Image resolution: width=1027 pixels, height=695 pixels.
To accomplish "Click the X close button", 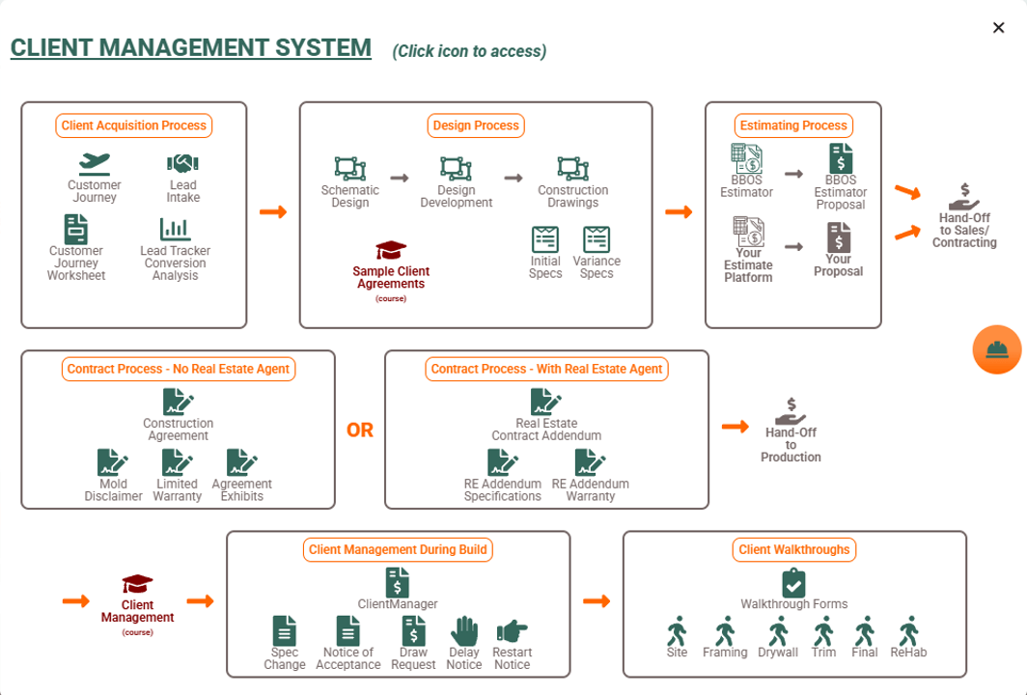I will pyautogui.click(x=998, y=27).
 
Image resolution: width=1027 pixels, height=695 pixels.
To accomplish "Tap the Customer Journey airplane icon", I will pyautogui.click(x=95, y=163).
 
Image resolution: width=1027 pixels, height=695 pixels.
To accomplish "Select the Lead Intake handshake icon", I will pyautogui.click(x=182, y=163).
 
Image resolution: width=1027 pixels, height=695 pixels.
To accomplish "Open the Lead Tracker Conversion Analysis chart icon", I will pyautogui.click(x=175, y=229).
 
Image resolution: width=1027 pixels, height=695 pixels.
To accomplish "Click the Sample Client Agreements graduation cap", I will pyautogui.click(x=391, y=251).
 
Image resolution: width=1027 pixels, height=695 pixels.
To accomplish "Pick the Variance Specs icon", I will pyautogui.click(x=597, y=239).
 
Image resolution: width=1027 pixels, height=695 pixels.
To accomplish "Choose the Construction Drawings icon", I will pyautogui.click(x=573, y=169).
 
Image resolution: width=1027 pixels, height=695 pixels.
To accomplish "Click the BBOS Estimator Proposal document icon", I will pyautogui.click(x=841, y=158).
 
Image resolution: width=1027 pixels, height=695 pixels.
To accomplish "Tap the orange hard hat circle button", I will pyautogui.click(x=997, y=349).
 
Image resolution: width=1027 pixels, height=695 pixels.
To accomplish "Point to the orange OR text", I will pyautogui.click(x=360, y=431).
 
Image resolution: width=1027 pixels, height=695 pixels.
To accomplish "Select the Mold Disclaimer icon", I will pyautogui.click(x=113, y=463).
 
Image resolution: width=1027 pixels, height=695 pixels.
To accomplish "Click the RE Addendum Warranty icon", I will pyautogui.click(x=590, y=463).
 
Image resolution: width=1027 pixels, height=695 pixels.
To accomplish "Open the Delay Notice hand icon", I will pyautogui.click(x=464, y=631).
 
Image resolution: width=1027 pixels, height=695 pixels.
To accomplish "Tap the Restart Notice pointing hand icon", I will pyautogui.click(x=512, y=631).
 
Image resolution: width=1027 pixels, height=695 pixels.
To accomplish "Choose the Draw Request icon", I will pyautogui.click(x=413, y=631).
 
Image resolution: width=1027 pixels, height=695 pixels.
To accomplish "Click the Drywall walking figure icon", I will pyautogui.click(x=777, y=631).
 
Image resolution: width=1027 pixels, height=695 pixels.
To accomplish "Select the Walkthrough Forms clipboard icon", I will pyautogui.click(x=793, y=583).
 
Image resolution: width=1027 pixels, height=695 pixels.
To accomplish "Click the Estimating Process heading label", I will pyautogui.click(x=793, y=125).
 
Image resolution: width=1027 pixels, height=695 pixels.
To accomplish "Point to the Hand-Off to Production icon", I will pyautogui.click(x=791, y=411).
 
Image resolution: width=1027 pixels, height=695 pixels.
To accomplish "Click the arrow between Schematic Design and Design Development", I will pyautogui.click(x=400, y=178).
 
